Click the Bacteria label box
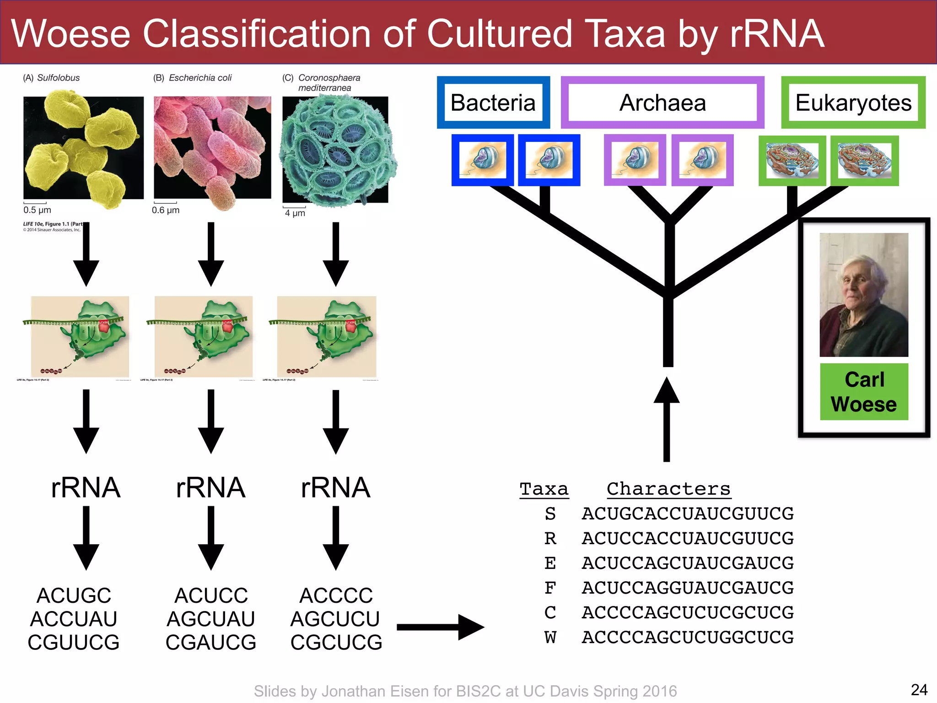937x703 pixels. tap(493, 103)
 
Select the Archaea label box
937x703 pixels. tap(662, 103)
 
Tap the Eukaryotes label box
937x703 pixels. tap(853, 103)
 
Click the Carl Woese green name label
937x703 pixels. tap(864, 392)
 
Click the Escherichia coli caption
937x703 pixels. tap(200, 78)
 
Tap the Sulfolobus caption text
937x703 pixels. tap(58, 78)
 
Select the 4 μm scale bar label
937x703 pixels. tap(295, 213)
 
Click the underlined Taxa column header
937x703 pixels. tap(544, 489)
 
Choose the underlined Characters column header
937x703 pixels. tap(668, 489)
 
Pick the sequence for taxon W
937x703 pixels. tap(687, 637)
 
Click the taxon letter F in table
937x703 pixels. tap(550, 588)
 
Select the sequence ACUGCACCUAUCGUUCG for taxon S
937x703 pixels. tap(687, 514)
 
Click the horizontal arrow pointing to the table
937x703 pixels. tap(439, 627)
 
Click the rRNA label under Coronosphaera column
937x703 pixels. tap(335, 487)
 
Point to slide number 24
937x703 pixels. tap(919, 690)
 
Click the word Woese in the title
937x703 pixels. tap(71, 34)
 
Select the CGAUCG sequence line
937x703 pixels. tap(211, 643)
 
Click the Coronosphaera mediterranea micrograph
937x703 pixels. tap(336, 149)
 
